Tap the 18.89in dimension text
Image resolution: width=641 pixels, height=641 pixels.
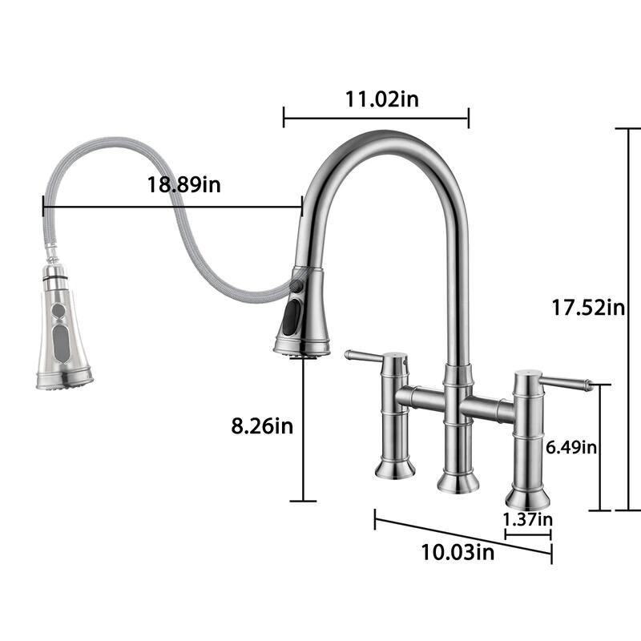click(184, 184)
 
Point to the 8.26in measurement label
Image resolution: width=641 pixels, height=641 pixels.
click(262, 426)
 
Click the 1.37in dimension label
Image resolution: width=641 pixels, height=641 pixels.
click(527, 518)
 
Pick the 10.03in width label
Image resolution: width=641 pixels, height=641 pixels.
click(458, 552)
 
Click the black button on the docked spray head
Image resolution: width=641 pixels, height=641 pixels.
click(288, 316)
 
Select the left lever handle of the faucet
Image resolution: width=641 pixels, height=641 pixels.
click(365, 355)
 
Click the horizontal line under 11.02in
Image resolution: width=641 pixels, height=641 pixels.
click(376, 119)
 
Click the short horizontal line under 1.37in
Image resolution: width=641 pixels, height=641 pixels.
click(528, 531)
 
